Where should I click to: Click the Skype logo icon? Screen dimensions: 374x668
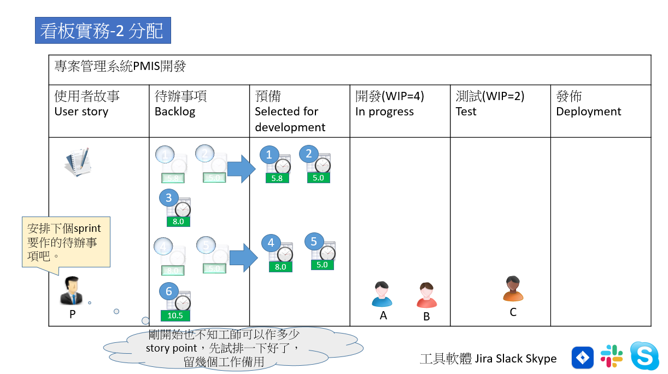pyautogui.click(x=645, y=356)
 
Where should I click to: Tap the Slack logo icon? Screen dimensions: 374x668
pyautogui.click(x=612, y=357)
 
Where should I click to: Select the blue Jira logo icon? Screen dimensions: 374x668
pyautogui.click(x=583, y=358)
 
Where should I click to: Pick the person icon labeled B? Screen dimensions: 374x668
pyautogui.click(x=426, y=295)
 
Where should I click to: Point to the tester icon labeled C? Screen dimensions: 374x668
pyautogui.click(x=513, y=289)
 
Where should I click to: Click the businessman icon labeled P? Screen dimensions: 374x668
pyautogui.click(x=71, y=291)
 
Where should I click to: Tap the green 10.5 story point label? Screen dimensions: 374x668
pyautogui.click(x=175, y=315)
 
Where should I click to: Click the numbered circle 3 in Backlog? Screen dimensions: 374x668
pyautogui.click(x=169, y=198)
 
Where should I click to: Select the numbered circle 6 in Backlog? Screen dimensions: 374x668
pyautogui.click(x=169, y=291)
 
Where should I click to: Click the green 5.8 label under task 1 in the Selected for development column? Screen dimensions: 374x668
pyautogui.click(x=277, y=178)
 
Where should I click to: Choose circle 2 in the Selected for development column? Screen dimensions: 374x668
pyautogui.click(x=309, y=154)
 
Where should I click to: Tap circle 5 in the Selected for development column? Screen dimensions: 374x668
pyautogui.click(x=314, y=241)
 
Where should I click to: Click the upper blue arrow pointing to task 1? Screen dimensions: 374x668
pyautogui.click(x=241, y=169)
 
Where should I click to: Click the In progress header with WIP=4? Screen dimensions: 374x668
pyautogui.click(x=390, y=104)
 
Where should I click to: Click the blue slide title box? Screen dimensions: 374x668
pyautogui.click(x=103, y=31)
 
